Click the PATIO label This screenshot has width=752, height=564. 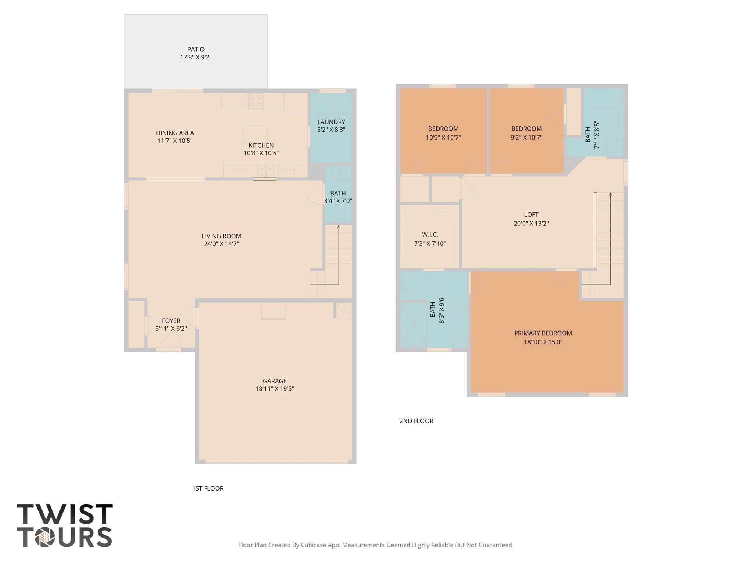[196, 50]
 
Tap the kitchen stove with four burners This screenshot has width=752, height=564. [256, 101]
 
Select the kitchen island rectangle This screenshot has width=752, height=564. [255, 134]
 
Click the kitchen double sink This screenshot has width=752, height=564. [265, 169]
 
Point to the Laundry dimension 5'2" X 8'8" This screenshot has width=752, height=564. [331, 130]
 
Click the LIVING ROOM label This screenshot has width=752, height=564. [221, 236]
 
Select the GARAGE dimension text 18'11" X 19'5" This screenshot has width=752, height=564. [275, 389]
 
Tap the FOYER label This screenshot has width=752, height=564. [171, 321]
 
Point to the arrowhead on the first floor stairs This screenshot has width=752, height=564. [339, 227]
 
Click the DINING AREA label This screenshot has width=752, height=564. [175, 133]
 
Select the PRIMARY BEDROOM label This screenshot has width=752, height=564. [543, 333]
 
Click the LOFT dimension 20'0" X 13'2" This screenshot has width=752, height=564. [531, 223]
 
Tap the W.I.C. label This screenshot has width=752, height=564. [430, 235]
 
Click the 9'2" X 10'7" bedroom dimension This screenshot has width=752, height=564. [527, 138]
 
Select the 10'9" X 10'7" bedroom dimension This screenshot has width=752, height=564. [443, 138]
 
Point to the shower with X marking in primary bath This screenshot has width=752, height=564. [413, 325]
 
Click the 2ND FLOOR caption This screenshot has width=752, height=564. [416, 421]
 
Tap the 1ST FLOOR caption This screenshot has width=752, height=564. [208, 488]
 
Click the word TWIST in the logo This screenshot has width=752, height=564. [65, 514]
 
